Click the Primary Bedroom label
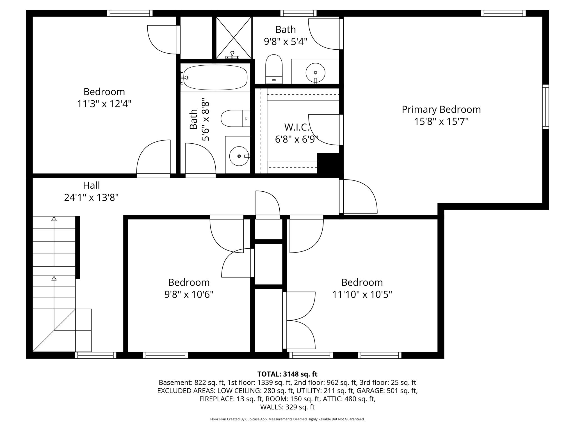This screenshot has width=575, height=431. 441,109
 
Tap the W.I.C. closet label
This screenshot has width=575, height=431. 296,127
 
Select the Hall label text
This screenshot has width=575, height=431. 91,185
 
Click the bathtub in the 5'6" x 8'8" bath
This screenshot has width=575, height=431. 215,77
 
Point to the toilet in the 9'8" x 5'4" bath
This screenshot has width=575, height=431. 274,69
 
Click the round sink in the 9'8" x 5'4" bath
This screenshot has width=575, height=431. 315,73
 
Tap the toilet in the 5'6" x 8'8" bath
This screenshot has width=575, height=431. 235,118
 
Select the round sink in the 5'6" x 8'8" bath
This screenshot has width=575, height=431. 239,156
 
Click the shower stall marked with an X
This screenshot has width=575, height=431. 234,38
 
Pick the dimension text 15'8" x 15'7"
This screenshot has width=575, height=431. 441,122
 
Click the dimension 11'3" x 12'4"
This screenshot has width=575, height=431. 104,104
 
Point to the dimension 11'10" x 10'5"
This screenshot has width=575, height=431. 362,295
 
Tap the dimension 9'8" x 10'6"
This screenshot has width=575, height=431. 189,295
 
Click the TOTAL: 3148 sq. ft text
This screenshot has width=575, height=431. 287,374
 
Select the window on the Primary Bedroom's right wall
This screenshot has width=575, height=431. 545,107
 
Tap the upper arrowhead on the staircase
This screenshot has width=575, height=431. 54,219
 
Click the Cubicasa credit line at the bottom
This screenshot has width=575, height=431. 287,419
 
